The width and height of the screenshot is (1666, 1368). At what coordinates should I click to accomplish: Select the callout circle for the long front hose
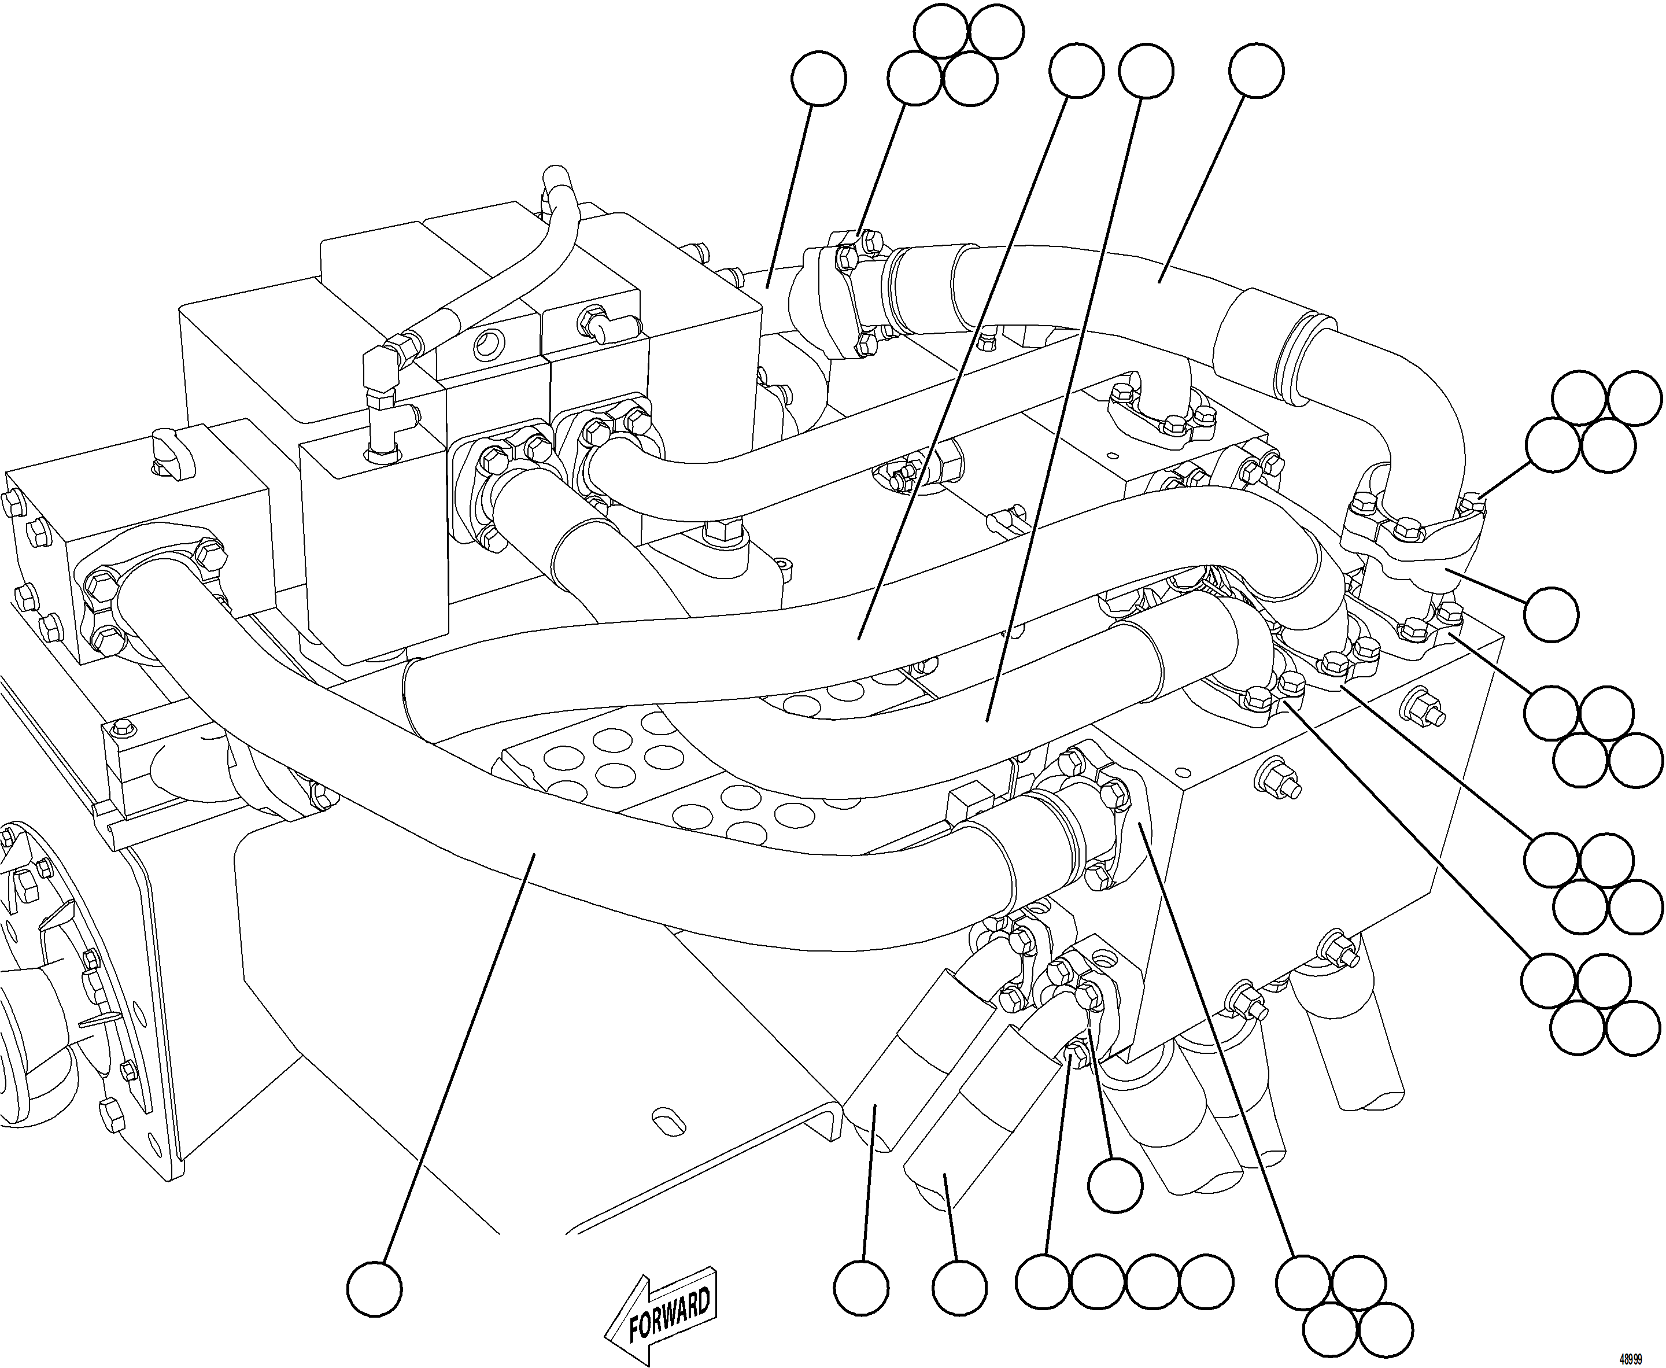pos(375,1288)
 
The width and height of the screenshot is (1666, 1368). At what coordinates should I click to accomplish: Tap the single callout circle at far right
pos(1551,613)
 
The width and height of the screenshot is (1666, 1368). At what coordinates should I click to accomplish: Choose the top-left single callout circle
pos(819,79)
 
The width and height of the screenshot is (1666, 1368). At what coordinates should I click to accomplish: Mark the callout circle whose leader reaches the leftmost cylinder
pos(862,1287)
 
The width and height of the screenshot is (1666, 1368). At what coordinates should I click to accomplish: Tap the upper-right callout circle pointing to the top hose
pos(1257,71)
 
